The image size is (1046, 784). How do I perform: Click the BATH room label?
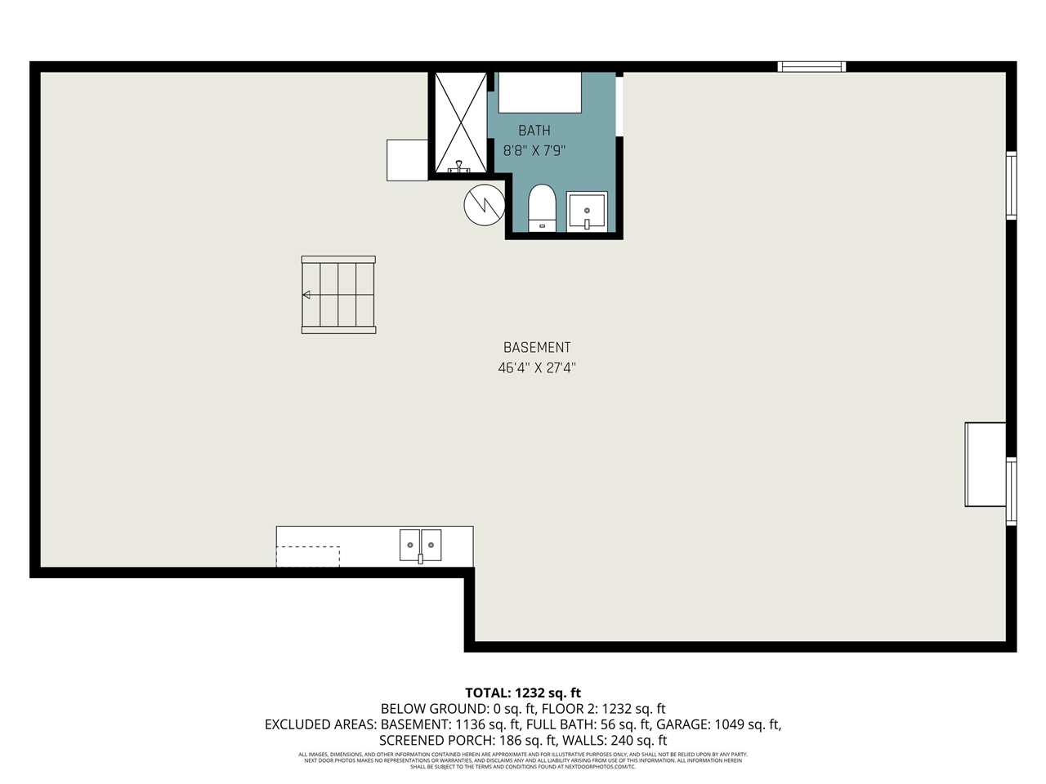(534, 131)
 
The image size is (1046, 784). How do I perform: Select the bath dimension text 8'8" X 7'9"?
(534, 151)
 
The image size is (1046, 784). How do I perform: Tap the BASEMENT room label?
(537, 348)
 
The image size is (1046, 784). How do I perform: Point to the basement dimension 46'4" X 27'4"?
(537, 368)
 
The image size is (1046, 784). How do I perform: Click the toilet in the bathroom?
(542, 208)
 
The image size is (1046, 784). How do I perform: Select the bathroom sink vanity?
(587, 212)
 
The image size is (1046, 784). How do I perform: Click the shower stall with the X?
(460, 122)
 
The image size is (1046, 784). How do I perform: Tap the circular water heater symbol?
(484, 205)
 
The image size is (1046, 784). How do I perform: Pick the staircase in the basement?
(338, 295)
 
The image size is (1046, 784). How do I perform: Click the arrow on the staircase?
(307, 295)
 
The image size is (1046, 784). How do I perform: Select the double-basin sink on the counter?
(420, 546)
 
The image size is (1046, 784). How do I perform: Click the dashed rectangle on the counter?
(308, 556)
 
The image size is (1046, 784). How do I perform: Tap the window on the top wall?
(811, 67)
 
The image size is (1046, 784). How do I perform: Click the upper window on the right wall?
(1011, 185)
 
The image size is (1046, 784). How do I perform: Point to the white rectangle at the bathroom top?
(539, 93)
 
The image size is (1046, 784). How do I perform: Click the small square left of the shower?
(407, 160)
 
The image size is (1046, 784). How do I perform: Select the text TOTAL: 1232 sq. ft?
(523, 693)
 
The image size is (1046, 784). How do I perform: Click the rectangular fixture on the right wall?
(986, 465)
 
